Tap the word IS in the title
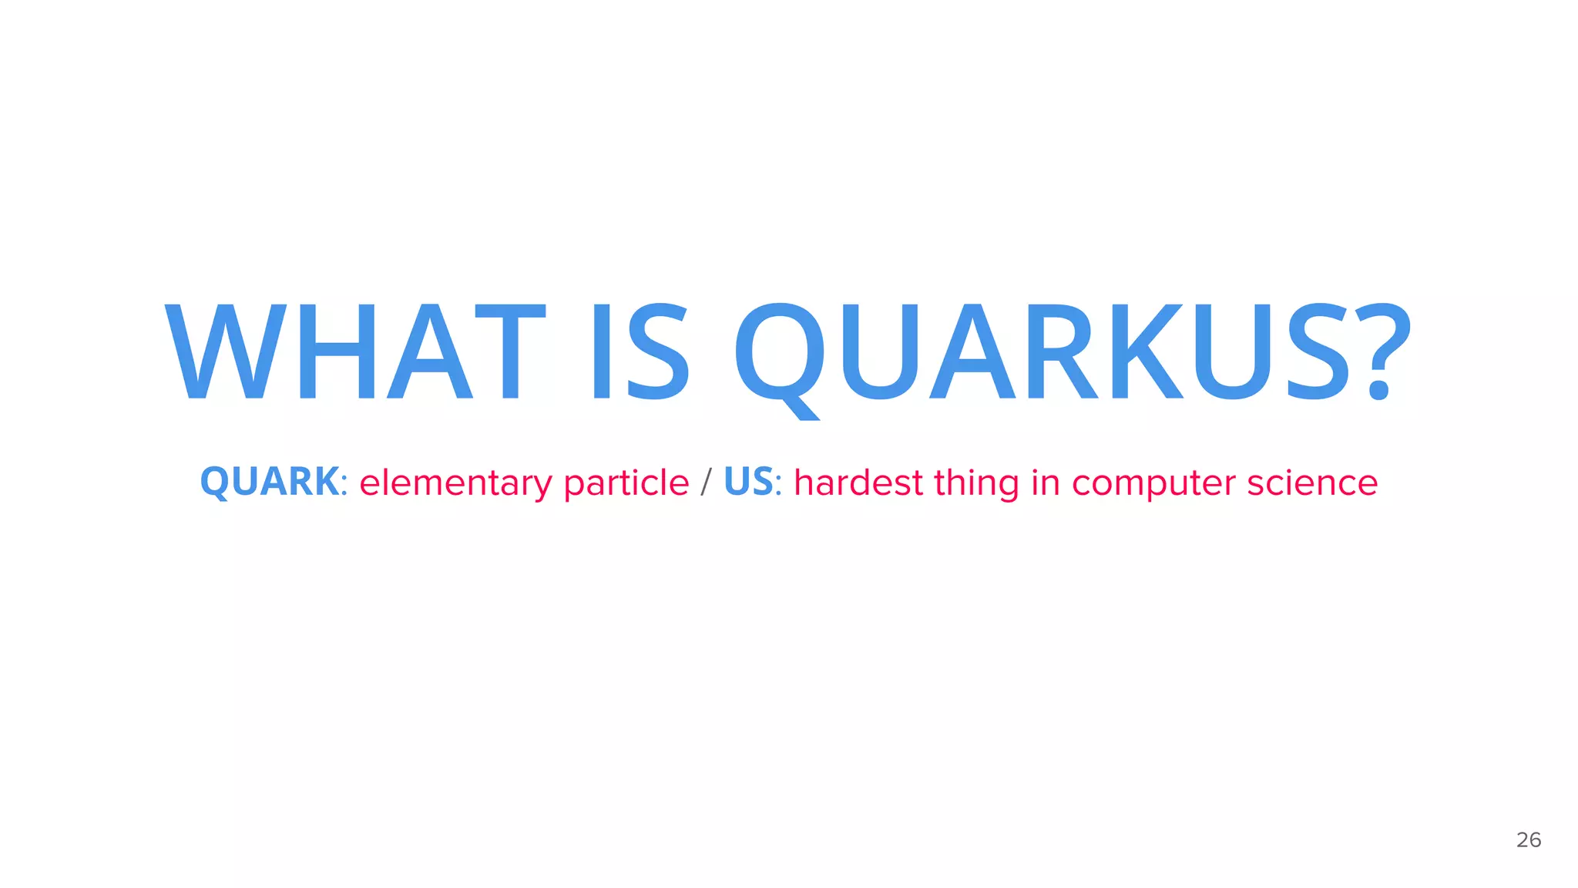640,352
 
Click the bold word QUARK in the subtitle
269,482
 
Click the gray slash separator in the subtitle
706,483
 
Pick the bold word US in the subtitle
748,482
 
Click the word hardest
858,483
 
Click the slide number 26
1529,839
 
